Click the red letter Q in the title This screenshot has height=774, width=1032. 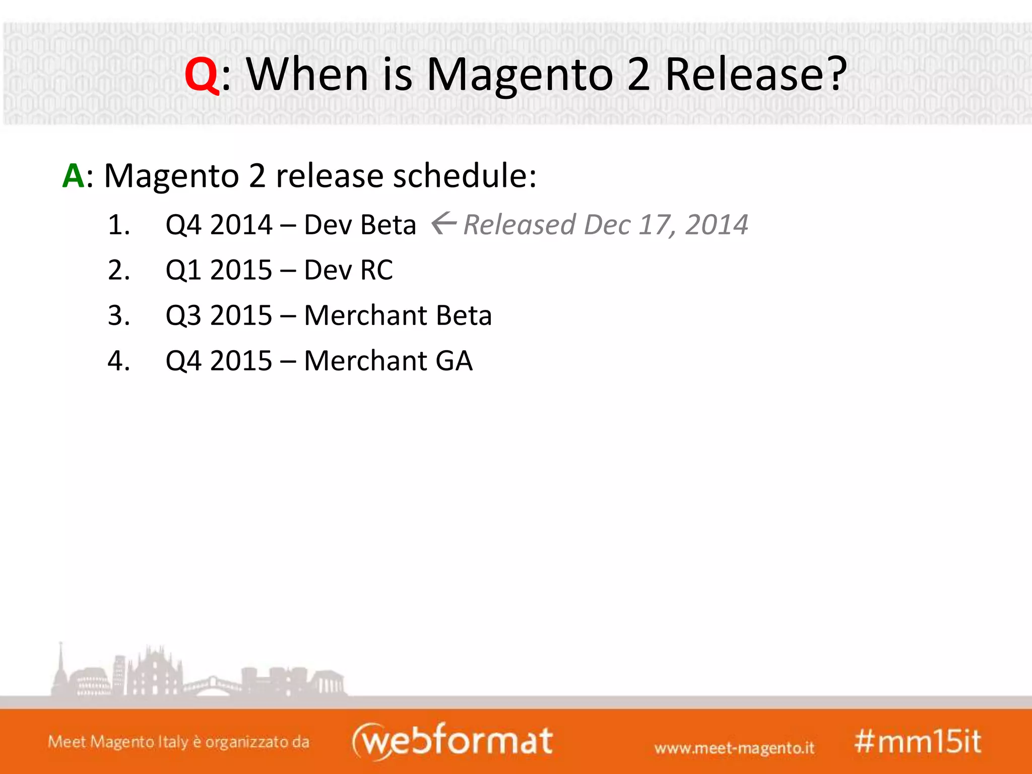click(x=202, y=76)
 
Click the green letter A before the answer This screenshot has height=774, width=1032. click(x=73, y=176)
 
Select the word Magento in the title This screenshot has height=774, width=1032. click(x=520, y=76)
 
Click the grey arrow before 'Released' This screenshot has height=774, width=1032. click(x=444, y=223)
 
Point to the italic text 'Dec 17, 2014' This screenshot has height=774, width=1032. click(x=665, y=225)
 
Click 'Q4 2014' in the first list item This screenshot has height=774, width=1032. click(x=219, y=225)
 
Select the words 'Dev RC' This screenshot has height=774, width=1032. click(x=348, y=270)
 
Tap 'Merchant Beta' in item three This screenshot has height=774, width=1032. click(x=398, y=315)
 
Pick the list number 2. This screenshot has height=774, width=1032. click(x=119, y=270)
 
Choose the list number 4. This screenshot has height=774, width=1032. click(x=119, y=361)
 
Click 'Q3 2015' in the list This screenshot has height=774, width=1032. click(x=219, y=315)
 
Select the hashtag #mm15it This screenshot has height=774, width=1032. click(x=918, y=742)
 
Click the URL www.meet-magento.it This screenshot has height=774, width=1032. click(x=734, y=748)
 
